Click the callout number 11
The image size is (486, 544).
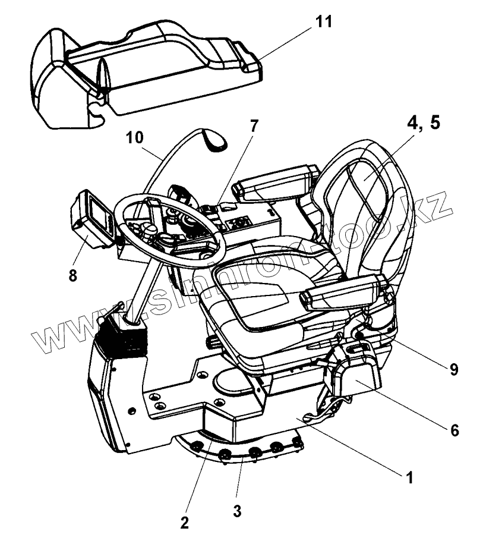[324, 23]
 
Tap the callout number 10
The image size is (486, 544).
[134, 138]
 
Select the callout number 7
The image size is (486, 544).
[254, 127]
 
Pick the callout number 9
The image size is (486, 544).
[453, 370]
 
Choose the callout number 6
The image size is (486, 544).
[454, 430]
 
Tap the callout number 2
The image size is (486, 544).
[185, 522]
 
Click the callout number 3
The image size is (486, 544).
[236, 510]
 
